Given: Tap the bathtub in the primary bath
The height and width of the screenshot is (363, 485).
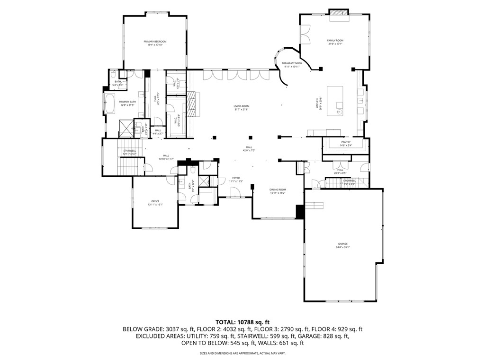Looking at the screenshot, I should [109, 104].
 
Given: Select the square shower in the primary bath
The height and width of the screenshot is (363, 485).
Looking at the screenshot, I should [126, 128].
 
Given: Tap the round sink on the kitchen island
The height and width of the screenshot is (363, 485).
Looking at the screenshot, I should [340, 112].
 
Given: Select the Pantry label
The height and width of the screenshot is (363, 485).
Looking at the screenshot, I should [346, 143].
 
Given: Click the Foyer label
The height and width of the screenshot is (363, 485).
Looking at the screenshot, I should [236, 179].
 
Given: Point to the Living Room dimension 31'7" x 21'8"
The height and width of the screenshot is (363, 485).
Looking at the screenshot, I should [241, 110].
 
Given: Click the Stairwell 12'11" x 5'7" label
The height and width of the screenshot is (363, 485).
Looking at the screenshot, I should [129, 152].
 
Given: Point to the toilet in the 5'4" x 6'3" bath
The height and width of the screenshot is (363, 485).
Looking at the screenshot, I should [114, 75].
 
